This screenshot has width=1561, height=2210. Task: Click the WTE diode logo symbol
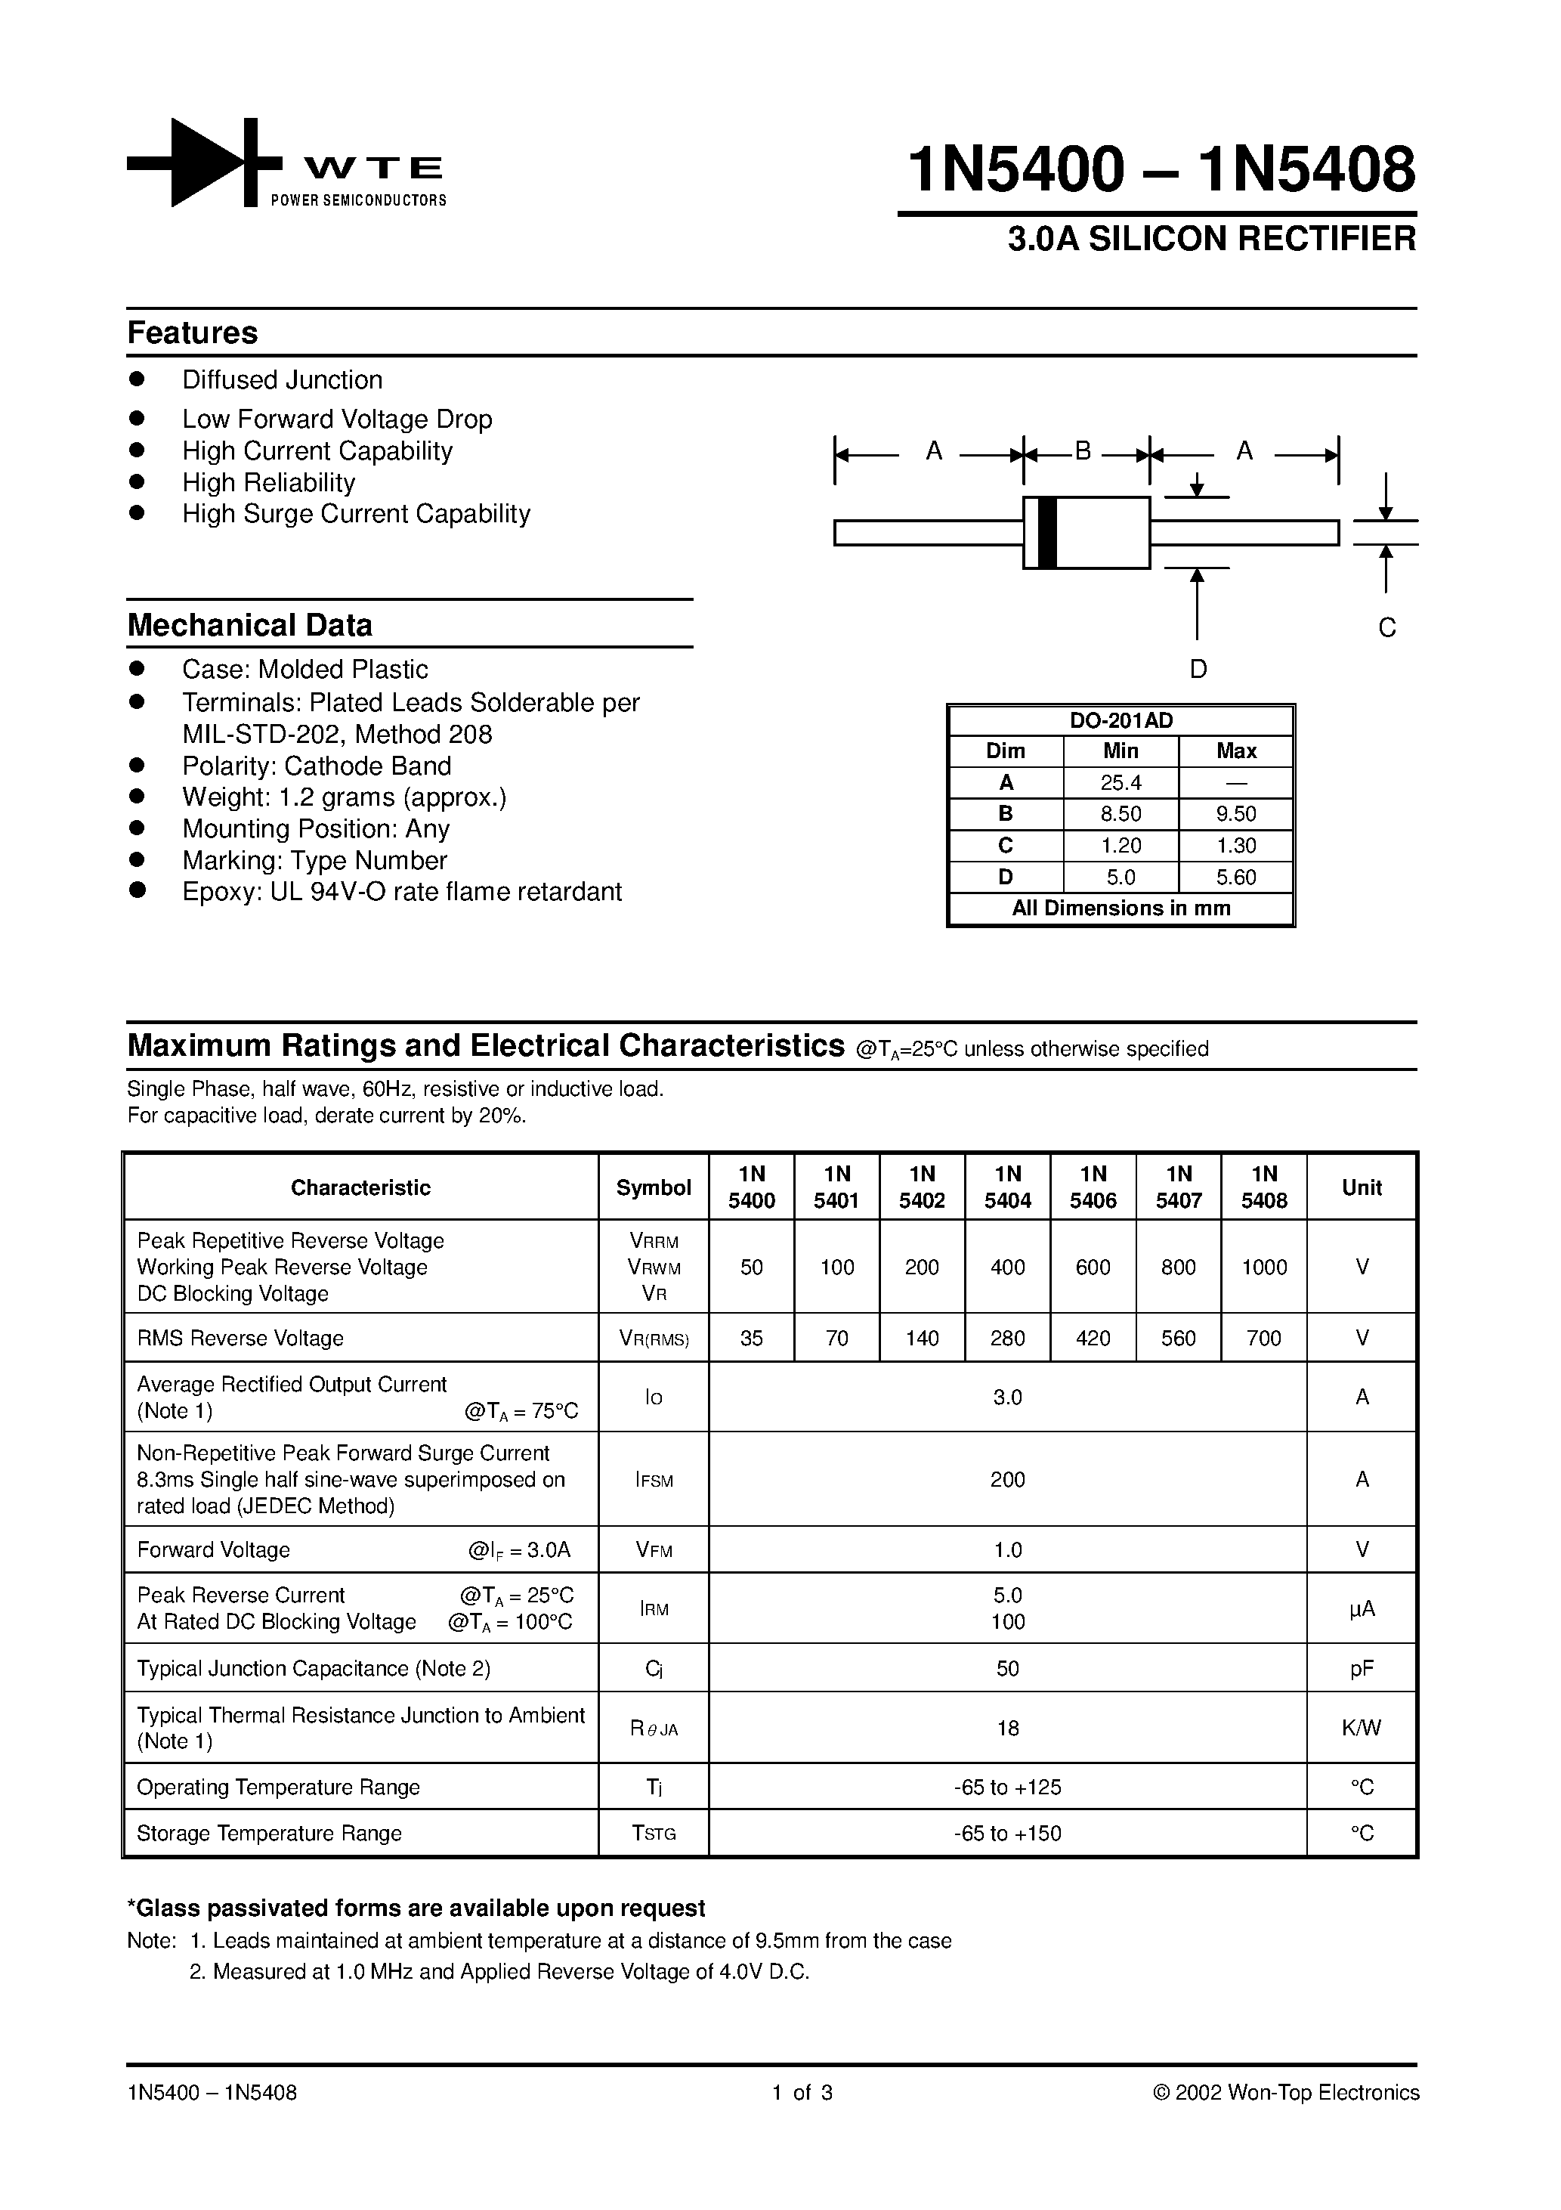coord(204,162)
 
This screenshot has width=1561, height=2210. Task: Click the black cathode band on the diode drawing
coord(1048,532)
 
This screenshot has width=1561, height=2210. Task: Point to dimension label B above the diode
coord(1083,450)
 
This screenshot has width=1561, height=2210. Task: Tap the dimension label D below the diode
coord(1198,669)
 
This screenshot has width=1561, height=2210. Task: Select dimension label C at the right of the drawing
coord(1386,627)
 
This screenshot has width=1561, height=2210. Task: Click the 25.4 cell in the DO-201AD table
coord(1121,782)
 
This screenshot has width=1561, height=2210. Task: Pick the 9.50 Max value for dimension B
coord(1235,814)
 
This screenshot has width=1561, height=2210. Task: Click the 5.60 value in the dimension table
coord(1235,877)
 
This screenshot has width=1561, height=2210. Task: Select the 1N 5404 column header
coord(1008,1187)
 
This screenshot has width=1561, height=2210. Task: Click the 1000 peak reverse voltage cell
coord(1263,1267)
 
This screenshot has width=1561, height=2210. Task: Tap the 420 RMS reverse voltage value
coord(1093,1338)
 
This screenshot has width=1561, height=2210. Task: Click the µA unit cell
coord(1362,1608)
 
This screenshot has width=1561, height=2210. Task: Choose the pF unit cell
coord(1362,1668)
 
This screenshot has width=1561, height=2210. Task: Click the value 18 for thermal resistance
coord(1008,1728)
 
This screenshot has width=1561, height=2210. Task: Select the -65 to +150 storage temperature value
coord(1008,1833)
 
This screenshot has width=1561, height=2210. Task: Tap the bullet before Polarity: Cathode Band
coord(137,765)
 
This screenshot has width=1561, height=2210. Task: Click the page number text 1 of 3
coord(802,2091)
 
